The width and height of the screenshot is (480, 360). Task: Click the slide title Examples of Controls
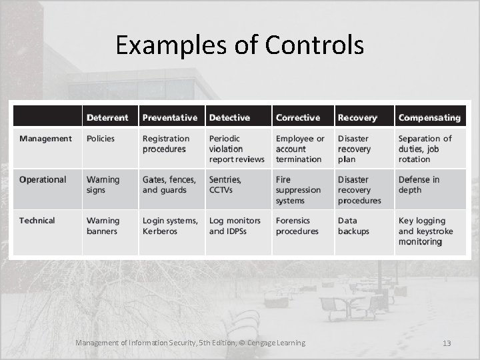[239, 45]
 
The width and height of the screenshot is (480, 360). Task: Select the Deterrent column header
[107, 117]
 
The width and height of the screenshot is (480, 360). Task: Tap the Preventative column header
[170, 117]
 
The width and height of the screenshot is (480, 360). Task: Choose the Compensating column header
[429, 117]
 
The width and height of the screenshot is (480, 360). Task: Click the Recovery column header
[357, 117]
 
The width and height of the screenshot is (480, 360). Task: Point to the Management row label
[45, 139]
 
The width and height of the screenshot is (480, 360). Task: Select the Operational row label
[43, 179]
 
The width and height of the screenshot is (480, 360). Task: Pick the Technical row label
[37, 221]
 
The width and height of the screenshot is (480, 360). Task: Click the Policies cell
[101, 139]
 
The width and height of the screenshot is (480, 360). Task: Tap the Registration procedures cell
[166, 144]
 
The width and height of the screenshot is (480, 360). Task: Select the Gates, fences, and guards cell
[169, 185]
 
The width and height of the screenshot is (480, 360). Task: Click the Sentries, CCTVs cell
[225, 185]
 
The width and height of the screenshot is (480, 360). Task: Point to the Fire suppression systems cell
[298, 190]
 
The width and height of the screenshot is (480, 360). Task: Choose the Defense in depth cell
[419, 185]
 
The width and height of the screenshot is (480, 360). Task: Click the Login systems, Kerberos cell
[170, 226]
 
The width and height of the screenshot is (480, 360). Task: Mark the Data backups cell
[353, 226]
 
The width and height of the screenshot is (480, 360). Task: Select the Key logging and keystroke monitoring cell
[425, 231]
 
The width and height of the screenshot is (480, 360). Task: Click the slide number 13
[447, 343]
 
